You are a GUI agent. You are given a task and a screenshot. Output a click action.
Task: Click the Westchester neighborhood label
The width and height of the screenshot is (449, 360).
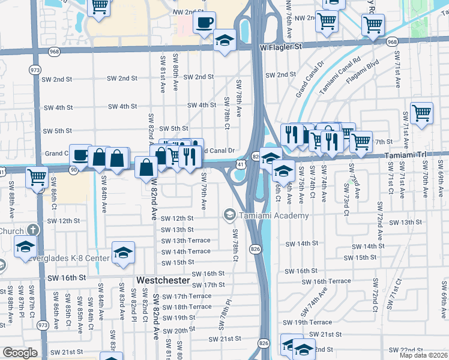point(163,280)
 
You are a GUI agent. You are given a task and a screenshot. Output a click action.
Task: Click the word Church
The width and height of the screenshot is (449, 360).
point(11,231)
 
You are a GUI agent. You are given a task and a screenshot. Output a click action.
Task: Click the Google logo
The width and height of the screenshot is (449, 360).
point(20,353)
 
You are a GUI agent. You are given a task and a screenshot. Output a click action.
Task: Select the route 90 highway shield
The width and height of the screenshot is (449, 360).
point(73,171)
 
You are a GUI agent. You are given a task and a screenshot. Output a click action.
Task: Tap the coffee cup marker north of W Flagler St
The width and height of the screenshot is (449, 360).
point(204,23)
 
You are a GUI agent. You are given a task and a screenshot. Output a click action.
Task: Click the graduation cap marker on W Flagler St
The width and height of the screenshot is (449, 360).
point(224,40)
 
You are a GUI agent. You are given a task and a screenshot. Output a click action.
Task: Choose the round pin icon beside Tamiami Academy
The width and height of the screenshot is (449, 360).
point(229,214)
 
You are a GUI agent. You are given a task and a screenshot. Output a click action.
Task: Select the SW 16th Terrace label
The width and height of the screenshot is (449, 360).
point(326,281)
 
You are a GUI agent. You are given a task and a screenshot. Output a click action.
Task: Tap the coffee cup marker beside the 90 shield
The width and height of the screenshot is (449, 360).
point(80,155)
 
